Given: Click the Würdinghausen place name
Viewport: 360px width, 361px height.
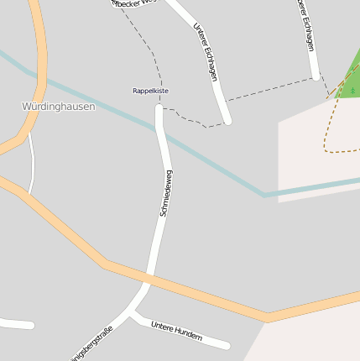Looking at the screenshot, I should coord(58,107).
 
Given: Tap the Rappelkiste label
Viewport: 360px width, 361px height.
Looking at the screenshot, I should coord(150,91).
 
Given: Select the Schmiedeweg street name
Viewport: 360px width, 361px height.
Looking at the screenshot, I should coord(165,193).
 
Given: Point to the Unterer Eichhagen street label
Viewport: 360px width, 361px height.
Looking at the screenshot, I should coord(206,52).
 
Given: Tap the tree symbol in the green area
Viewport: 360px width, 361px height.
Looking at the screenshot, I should coord(353,88).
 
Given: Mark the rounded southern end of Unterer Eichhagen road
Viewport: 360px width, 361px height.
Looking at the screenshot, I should coord(227,120).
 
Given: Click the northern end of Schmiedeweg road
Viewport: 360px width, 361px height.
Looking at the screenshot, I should coord(159,109).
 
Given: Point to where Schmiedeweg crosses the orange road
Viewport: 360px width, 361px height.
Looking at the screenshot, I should coord(149,276).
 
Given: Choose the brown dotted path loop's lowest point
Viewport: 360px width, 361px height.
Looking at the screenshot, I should coord(340,152).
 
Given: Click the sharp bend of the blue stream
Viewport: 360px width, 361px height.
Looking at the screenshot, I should coord(266,196).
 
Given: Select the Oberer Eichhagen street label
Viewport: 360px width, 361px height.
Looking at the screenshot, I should coord(306,25).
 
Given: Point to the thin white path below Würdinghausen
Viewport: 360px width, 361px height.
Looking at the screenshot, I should coord(32,164).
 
